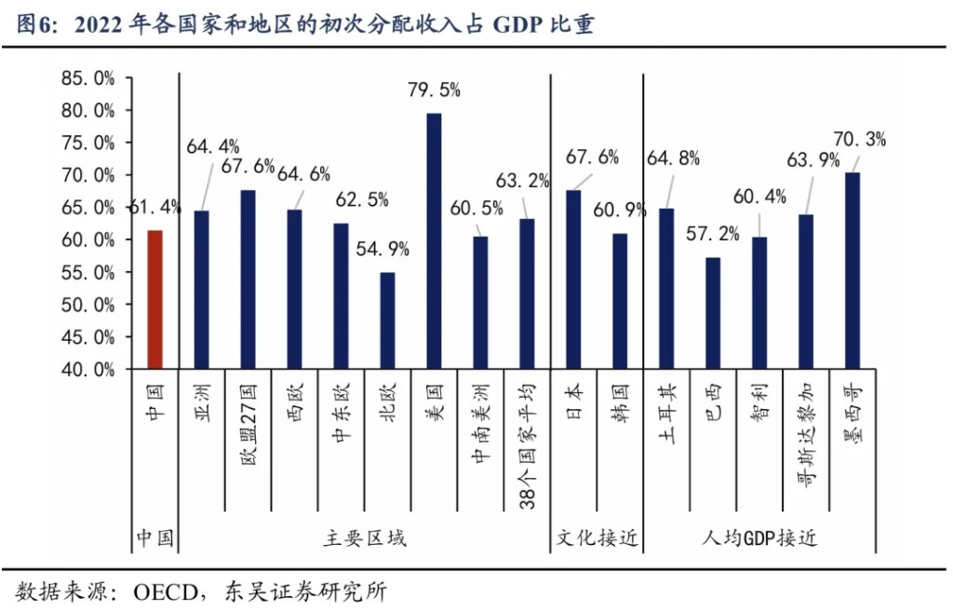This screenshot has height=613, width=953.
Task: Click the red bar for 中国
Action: click(154, 299)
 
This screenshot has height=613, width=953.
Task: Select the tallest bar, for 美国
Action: click(434, 240)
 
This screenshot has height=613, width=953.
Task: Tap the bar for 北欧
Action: click(387, 320)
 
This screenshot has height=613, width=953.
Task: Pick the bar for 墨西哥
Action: click(852, 270)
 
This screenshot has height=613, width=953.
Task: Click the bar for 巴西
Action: click(713, 313)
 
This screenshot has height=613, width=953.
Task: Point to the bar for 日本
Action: click(573, 279)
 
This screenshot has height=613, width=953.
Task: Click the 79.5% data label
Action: click(434, 90)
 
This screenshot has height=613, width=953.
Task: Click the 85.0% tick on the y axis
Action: click(88, 78)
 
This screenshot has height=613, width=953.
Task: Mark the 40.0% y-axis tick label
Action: click(88, 369)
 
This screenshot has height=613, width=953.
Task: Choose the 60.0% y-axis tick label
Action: click(88, 239)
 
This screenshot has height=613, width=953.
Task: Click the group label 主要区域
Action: click(365, 538)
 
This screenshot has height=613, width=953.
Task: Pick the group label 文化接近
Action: click(597, 538)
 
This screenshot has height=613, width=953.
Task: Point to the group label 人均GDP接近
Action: click(758, 538)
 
